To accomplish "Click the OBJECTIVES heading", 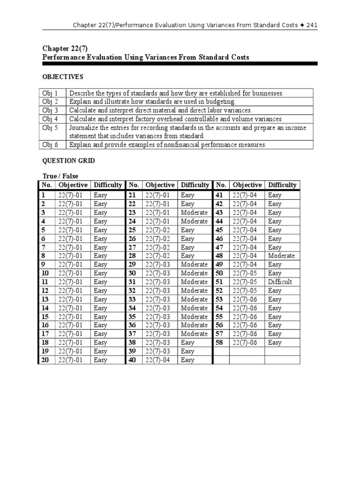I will click(63, 76).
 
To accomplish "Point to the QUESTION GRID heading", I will click(68, 160).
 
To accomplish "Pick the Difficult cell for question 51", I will click(280, 282).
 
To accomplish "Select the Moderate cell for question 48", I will click(281, 255).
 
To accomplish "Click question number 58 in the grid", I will click(219, 343).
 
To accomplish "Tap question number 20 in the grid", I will click(45, 360).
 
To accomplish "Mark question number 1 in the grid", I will click(44, 195).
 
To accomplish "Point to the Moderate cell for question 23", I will click(194, 212).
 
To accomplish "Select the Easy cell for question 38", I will click(187, 343).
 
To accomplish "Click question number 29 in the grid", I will click(132, 264).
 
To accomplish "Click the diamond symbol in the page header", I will click(301, 24).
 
